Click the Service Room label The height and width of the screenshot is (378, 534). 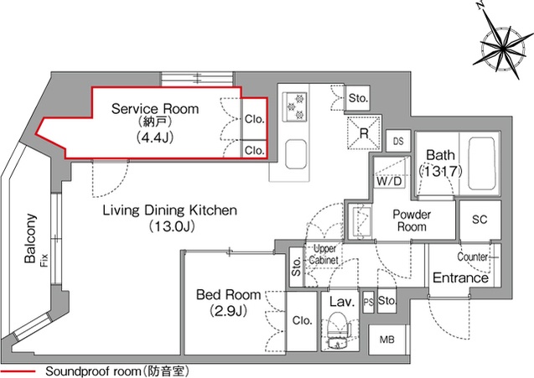click(x=155, y=109)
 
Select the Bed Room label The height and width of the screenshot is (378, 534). click(x=228, y=295)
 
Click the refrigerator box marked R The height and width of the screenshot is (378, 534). click(x=365, y=132)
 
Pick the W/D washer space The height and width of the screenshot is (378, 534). click(x=387, y=180)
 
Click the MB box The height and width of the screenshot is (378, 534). click(x=386, y=339)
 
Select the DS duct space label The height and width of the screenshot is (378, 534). click(x=399, y=142)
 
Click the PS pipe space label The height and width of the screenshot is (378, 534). click(x=369, y=301)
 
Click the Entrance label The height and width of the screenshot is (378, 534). click(x=460, y=278)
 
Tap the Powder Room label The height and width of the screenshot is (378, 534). click(x=412, y=220)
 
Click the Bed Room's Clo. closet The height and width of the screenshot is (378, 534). click(x=302, y=319)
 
